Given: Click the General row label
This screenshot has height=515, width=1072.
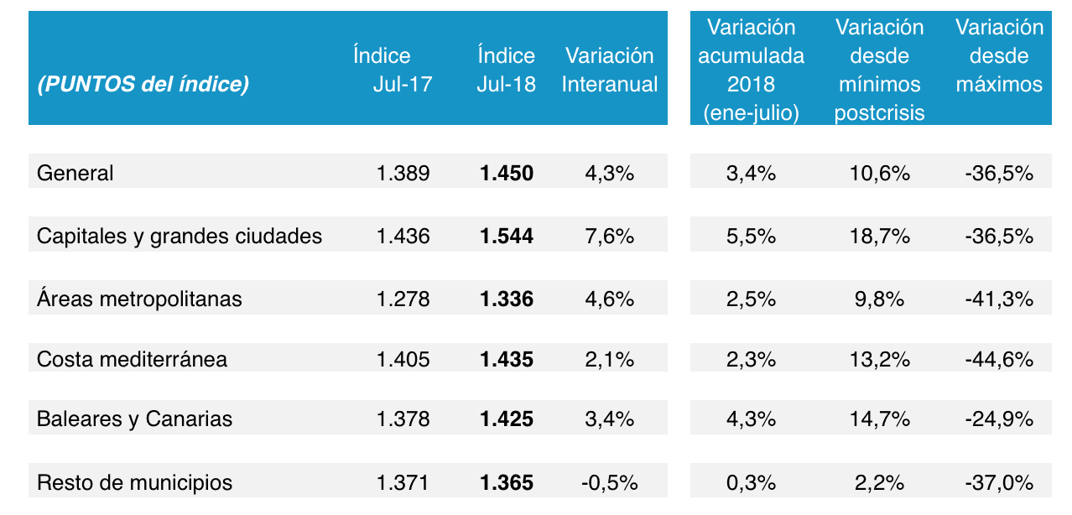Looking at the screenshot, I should [75, 174].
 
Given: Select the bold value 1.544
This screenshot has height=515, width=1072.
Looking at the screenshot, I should [507, 237].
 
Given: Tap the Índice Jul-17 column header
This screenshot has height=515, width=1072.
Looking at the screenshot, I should [392, 70].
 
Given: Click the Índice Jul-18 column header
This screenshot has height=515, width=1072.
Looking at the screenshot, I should [507, 70].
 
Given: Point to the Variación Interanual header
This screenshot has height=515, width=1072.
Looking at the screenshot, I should [610, 70].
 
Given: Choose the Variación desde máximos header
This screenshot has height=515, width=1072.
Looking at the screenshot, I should [999, 55].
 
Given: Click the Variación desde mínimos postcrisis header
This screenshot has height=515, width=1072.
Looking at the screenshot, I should [879, 70].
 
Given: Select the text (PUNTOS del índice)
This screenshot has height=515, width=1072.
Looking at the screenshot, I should [143, 85].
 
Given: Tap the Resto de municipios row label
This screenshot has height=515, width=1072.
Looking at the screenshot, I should [135, 483].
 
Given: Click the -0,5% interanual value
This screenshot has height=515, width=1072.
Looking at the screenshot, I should [610, 483].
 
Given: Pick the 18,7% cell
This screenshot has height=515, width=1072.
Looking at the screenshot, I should [879, 237].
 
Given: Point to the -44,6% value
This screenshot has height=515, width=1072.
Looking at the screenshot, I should [999, 360].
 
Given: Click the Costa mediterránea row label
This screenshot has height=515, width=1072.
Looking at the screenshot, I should [132, 360].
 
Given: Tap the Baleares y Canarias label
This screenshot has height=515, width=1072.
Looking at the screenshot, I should [134, 419].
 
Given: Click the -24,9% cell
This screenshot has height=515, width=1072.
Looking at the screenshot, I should [999, 419].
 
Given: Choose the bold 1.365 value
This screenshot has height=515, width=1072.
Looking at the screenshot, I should [507, 483].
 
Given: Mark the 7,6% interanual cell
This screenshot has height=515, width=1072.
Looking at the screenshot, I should [610, 237].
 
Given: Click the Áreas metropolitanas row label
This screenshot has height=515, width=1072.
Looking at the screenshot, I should [139, 299].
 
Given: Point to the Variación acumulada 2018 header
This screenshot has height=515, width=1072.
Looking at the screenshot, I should [751, 70].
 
